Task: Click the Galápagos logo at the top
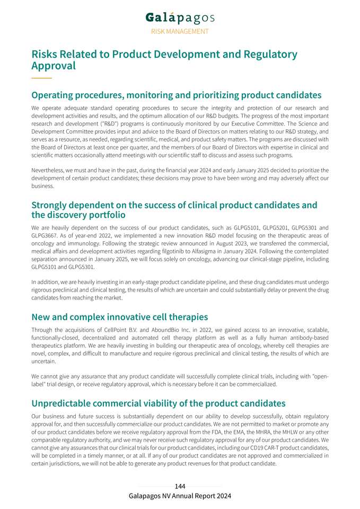pyautogui.click(x=180, y=17)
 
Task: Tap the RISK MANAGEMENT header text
pyautogui.click(x=180, y=31)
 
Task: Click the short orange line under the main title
pyautogui.click(x=41, y=78)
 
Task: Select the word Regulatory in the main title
pyautogui.click(x=270, y=54)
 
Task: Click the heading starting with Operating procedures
pyautogui.click(x=176, y=95)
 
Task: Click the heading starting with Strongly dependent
pyautogui.click(x=174, y=209)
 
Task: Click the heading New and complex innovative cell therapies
pyautogui.click(x=119, y=317)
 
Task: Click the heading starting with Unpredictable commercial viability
pyautogui.click(x=158, y=403)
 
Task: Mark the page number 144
pyautogui.click(x=180, y=486)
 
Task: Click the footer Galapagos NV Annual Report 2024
pyautogui.click(x=180, y=496)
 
